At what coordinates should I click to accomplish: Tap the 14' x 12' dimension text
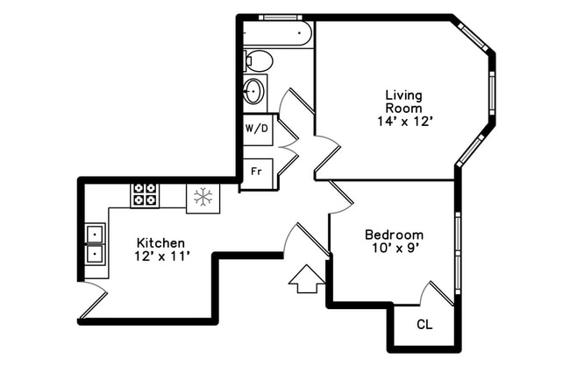coord(403,123)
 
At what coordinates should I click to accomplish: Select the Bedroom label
coord(394,235)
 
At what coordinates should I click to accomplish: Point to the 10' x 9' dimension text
coord(394,249)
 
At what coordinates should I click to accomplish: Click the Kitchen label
coord(160,242)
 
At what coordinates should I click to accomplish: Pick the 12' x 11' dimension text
coord(160,256)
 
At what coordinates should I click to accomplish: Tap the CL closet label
coord(424,325)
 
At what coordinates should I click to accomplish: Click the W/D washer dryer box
coord(256,129)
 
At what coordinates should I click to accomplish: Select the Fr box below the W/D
coord(256,171)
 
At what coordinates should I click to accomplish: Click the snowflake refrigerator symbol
coord(203,197)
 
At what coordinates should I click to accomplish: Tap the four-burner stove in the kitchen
coord(144,195)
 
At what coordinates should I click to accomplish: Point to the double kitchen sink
coord(95,243)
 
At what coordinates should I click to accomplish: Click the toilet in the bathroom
coord(258,60)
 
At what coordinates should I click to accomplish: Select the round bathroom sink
coord(254,90)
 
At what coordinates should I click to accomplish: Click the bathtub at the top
coord(277,33)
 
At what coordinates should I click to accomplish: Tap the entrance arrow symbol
coord(305,279)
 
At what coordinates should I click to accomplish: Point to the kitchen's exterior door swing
coord(92,299)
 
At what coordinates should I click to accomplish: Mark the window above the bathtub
coord(281,17)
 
